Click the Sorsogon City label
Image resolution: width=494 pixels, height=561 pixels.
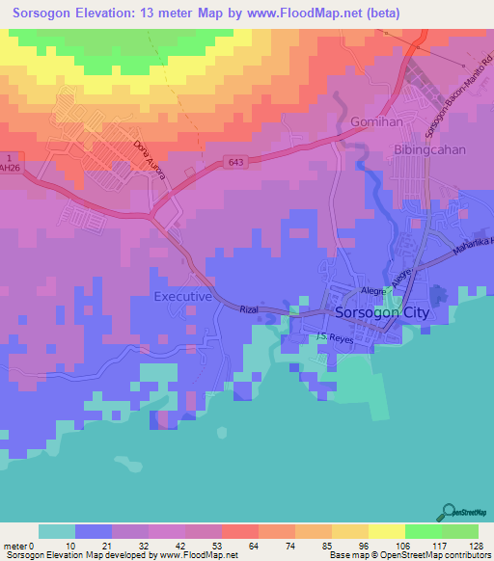coord(380,313)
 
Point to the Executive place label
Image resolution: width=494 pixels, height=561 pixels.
coord(182,297)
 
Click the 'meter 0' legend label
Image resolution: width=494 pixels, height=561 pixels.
coord(21,546)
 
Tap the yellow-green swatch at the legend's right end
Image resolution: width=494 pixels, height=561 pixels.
coord(459,531)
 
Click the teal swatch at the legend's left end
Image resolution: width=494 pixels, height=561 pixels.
coord(57,531)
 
